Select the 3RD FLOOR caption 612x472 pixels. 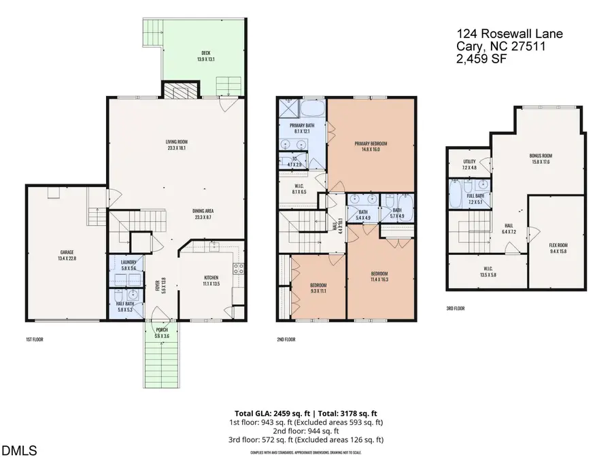click(x=456, y=308)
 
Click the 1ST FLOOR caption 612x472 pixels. click(x=32, y=338)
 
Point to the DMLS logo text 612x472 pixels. click(x=20, y=450)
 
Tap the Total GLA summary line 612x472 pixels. click(x=305, y=413)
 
